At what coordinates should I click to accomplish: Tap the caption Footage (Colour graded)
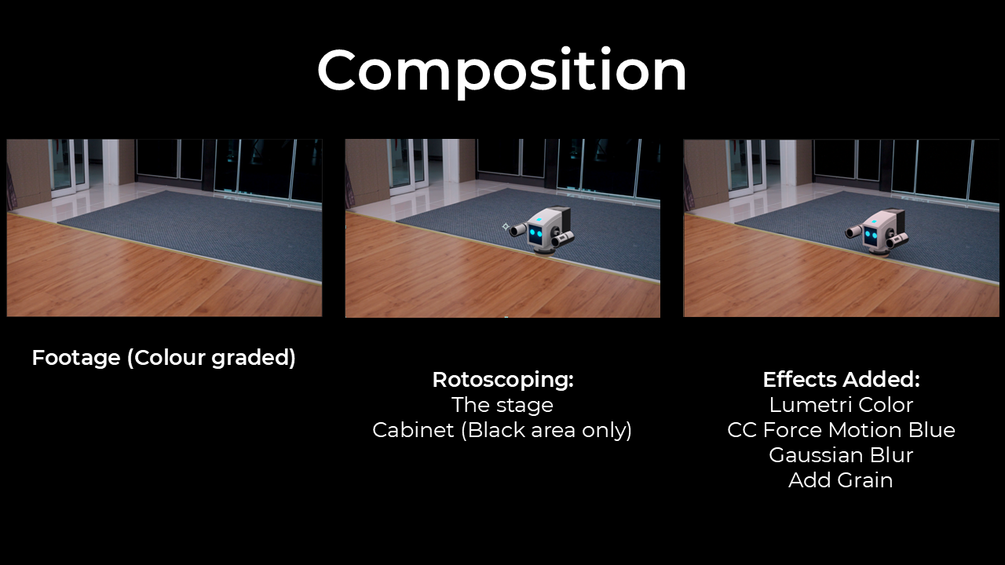[x=164, y=358]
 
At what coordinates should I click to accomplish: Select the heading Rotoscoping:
[x=503, y=379]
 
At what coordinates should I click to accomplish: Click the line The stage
[x=502, y=406]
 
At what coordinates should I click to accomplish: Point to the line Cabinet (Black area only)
[x=502, y=430]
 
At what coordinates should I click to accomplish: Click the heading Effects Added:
[x=841, y=379]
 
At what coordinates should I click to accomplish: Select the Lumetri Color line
[x=841, y=405]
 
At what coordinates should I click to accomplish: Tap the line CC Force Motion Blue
[x=841, y=430]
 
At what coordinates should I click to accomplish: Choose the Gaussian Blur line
[x=841, y=455]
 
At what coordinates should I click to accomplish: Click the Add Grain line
[x=841, y=480]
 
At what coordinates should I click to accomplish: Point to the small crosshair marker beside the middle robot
[x=506, y=227]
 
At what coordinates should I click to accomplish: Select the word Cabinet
[x=413, y=430]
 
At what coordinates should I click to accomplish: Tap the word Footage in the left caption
[x=76, y=358]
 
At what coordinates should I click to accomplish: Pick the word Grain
[x=865, y=480]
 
